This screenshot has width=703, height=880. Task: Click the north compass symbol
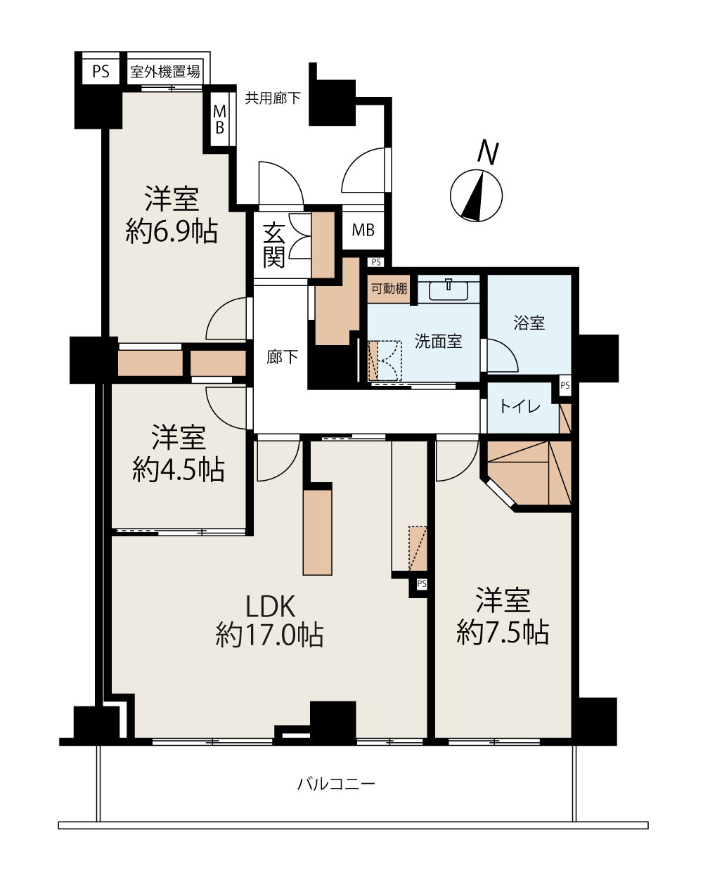477,194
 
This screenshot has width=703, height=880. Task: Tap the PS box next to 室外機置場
101,71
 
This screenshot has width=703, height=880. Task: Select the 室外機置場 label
165,71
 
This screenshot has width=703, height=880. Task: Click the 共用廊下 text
272,98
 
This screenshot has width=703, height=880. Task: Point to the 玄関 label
273,245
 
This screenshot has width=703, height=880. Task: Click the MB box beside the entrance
363,230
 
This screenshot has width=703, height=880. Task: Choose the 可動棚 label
389,288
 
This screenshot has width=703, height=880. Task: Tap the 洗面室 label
438,342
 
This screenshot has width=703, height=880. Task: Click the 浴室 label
529,323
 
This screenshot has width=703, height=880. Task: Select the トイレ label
520,406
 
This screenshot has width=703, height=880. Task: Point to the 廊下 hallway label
282,357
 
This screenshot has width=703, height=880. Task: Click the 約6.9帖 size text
172,231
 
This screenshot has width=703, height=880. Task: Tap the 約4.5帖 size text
179,469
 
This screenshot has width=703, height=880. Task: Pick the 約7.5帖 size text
503,633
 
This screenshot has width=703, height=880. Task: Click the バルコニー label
336,783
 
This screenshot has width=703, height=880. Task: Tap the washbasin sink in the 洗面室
449,289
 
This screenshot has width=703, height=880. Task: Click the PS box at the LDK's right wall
421,583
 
